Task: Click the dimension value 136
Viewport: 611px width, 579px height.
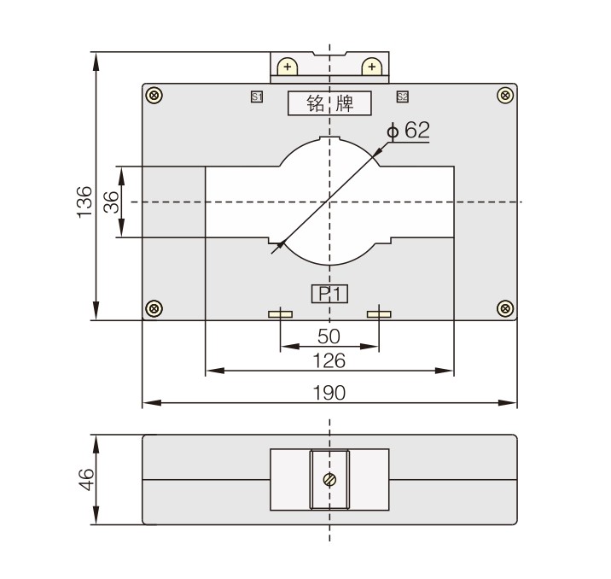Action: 84,202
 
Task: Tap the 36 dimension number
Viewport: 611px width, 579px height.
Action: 110,202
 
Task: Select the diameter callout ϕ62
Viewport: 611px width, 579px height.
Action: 409,131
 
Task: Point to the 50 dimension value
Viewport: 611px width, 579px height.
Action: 329,335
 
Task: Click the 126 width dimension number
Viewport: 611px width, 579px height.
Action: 329,360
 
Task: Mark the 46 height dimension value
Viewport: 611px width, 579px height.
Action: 84,479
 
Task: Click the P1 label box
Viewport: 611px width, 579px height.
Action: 329,295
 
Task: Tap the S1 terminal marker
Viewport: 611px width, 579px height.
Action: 256,97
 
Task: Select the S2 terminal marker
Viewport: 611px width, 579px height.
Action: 402,97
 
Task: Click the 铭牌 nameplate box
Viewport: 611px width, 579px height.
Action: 329,103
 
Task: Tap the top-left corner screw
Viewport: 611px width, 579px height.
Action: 154,95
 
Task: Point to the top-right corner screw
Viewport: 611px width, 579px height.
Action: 505,95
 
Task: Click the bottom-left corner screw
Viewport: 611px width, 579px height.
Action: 154,307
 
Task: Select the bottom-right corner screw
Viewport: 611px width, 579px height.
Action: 505,307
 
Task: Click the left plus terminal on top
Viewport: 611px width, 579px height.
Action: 288,67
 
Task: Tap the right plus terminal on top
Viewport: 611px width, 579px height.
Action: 371,67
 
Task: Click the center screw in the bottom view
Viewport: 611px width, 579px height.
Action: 329,479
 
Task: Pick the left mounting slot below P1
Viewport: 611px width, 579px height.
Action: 280,314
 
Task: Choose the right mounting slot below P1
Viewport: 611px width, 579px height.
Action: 379,314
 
